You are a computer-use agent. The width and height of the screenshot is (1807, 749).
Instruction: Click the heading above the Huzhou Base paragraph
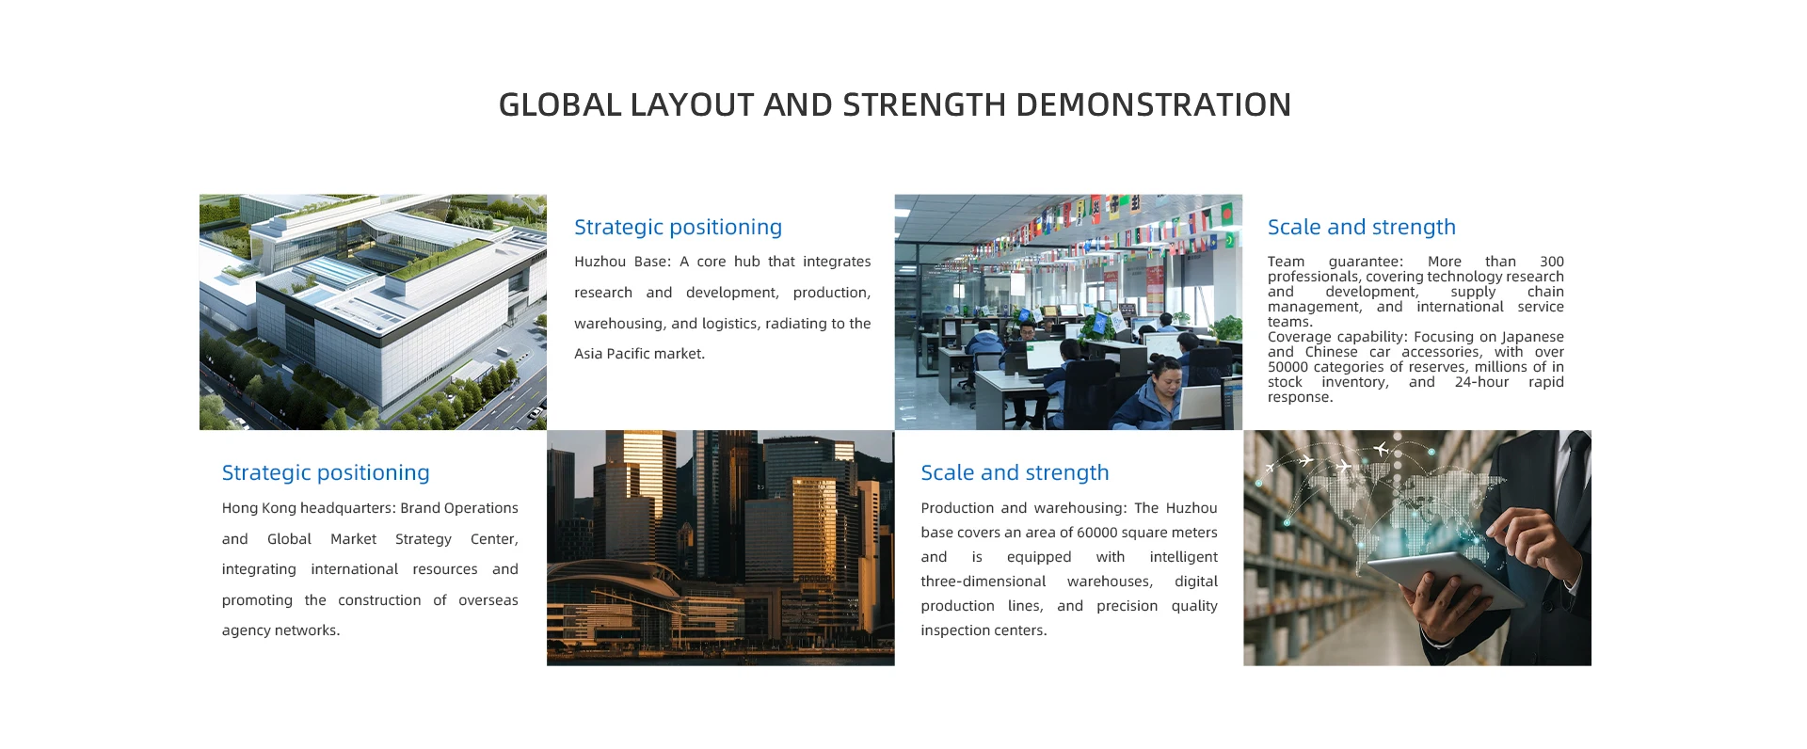point(678,228)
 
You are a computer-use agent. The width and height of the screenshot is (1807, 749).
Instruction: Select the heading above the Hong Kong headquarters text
point(326,473)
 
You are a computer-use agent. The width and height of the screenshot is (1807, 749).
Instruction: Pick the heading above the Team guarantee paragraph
point(1361,228)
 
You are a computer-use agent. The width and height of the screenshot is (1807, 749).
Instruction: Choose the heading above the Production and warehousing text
point(1015,473)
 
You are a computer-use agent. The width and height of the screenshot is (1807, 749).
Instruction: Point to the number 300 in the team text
point(1552,262)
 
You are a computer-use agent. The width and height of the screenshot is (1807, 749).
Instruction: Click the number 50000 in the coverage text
point(1287,367)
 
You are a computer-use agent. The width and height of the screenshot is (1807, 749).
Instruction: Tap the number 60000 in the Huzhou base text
point(1097,533)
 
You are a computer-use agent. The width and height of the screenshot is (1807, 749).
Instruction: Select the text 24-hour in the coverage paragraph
point(1481,382)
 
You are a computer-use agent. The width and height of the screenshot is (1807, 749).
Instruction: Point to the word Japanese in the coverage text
point(1532,337)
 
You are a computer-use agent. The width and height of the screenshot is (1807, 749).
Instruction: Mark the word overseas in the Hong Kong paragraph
point(488,600)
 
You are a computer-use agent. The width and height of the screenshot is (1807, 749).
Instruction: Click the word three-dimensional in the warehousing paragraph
point(983,582)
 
